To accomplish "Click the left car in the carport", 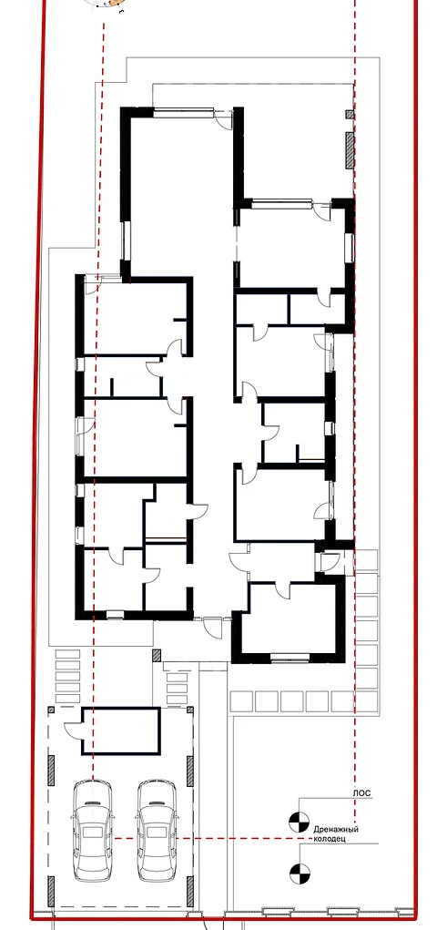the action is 92,830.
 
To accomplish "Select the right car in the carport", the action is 157,830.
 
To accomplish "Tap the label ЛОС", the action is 362,792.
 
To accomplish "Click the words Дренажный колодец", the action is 337,834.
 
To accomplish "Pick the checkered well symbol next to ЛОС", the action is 299,822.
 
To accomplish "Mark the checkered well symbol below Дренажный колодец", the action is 300,873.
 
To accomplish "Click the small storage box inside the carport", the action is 120,731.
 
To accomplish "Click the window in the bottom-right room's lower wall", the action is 290,657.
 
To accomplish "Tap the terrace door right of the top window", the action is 224,118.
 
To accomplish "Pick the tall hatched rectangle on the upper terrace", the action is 350,150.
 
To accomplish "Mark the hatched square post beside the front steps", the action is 157,656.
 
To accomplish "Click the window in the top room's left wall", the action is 125,241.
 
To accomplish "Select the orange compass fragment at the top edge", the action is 108,5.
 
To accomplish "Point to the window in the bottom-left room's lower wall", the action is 115,615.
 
